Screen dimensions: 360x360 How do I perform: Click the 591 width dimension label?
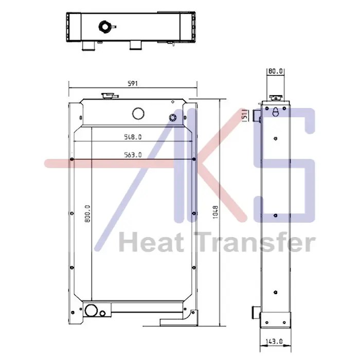[133, 83]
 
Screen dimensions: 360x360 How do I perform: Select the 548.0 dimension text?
[133, 137]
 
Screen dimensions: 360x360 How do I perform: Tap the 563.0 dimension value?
[133, 155]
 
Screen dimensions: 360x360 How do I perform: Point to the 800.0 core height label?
[88, 214]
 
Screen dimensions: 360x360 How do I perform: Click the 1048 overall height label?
[215, 212]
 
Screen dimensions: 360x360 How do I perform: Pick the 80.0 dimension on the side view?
[276, 71]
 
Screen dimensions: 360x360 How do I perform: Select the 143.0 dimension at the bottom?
[274, 341]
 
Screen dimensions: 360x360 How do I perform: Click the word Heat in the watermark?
[151, 242]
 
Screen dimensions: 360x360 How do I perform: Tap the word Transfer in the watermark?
[255, 242]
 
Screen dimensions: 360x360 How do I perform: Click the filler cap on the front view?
[110, 96]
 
